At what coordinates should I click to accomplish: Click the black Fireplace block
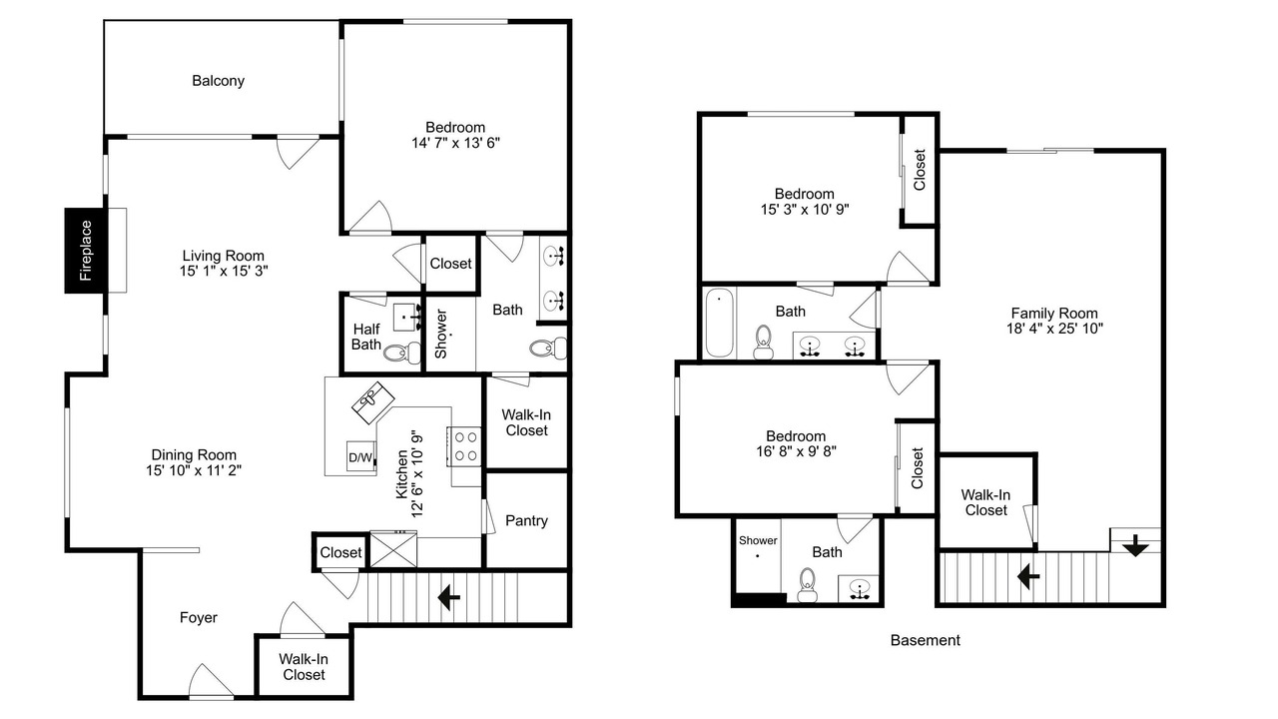click(86, 251)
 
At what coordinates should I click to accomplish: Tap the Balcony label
click(218, 81)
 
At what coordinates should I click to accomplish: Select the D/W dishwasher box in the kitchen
click(360, 456)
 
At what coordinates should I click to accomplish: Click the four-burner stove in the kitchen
click(465, 446)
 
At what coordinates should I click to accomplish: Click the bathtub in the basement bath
click(719, 323)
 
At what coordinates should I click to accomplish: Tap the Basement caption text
click(925, 640)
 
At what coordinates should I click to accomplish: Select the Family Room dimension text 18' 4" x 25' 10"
click(1054, 329)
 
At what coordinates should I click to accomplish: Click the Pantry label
click(526, 521)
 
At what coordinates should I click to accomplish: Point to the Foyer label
click(198, 617)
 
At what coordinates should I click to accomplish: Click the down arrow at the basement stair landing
click(1135, 545)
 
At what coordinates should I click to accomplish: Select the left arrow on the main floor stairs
click(449, 598)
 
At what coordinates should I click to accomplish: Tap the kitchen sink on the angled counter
click(372, 401)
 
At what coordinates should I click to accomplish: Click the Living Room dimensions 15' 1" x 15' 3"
click(224, 271)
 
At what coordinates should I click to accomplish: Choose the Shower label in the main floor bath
click(441, 334)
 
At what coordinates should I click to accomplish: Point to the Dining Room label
click(194, 455)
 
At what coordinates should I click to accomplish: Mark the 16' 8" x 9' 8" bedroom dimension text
click(796, 451)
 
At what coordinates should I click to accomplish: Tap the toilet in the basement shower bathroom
click(807, 585)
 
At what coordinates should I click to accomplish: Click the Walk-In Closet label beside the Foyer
click(304, 667)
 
